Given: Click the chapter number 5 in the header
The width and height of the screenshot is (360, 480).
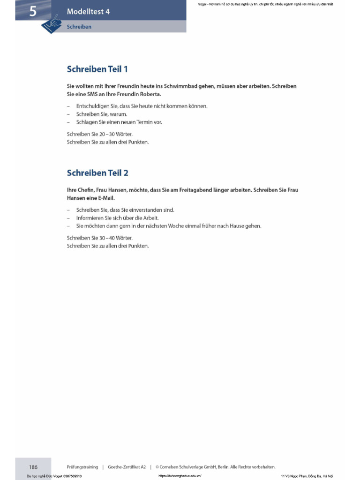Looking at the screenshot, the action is point(32,11).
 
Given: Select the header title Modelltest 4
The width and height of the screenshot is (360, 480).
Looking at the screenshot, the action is point(88,12).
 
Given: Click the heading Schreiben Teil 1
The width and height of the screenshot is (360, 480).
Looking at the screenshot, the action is point(97,69).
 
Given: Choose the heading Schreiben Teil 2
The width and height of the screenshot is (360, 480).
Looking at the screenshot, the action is point(97,173).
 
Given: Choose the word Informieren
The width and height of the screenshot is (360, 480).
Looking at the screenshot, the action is point(90,218).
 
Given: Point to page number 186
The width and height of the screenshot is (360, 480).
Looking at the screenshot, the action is point(33,467).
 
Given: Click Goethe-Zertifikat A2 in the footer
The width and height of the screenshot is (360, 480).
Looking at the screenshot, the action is point(127,467).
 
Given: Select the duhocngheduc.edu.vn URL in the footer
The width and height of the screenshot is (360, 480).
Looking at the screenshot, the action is point(180,476).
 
